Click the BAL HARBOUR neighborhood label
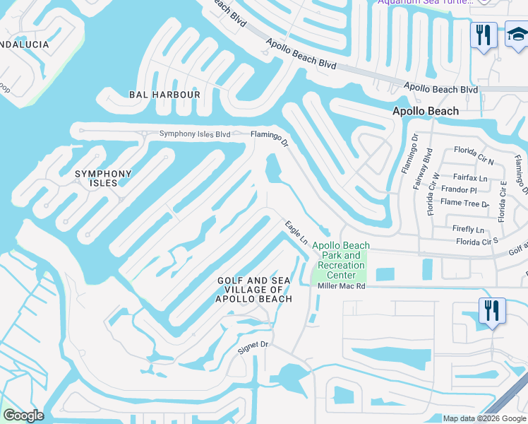pos(164,94)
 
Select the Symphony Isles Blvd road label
pos(195,134)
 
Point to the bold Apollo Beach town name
pos(426,111)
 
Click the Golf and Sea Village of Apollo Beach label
pos(254,290)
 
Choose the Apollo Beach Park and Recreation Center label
pos(341,260)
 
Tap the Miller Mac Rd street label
pos(341,286)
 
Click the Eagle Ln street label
pos(296,232)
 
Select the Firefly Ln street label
pos(468,230)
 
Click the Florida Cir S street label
pos(476,241)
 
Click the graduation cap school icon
pos(517,34)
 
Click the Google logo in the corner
pos(23,416)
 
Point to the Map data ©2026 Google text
pos(485,418)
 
